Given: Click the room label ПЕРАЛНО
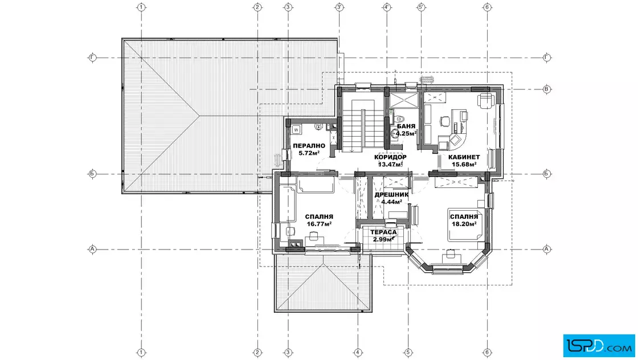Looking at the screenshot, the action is click(x=309, y=146).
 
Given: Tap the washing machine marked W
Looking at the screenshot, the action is click(x=296, y=130).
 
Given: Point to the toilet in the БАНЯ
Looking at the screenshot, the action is click(x=399, y=119).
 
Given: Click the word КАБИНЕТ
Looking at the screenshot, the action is click(x=464, y=157).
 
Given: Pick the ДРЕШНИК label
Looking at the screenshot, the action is click(x=391, y=194).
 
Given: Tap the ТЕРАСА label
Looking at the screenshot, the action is click(x=383, y=232).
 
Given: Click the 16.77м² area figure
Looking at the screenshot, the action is click(x=319, y=224).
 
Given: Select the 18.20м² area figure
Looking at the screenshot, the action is click(x=464, y=224).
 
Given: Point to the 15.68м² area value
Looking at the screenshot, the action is click(x=464, y=165).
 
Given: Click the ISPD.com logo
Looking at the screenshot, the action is click(x=599, y=346).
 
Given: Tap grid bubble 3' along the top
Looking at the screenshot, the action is click(x=340, y=7).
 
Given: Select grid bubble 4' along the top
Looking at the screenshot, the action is click(x=387, y=7).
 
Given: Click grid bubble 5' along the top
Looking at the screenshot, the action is click(x=422, y=7).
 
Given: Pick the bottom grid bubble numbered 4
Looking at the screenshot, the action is click(x=358, y=352).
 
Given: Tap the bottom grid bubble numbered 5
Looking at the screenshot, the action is click(x=408, y=352).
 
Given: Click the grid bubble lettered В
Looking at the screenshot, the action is click(x=547, y=89).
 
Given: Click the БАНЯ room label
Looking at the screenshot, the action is click(x=407, y=126).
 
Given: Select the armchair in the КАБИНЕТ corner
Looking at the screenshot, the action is click(x=485, y=100).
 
